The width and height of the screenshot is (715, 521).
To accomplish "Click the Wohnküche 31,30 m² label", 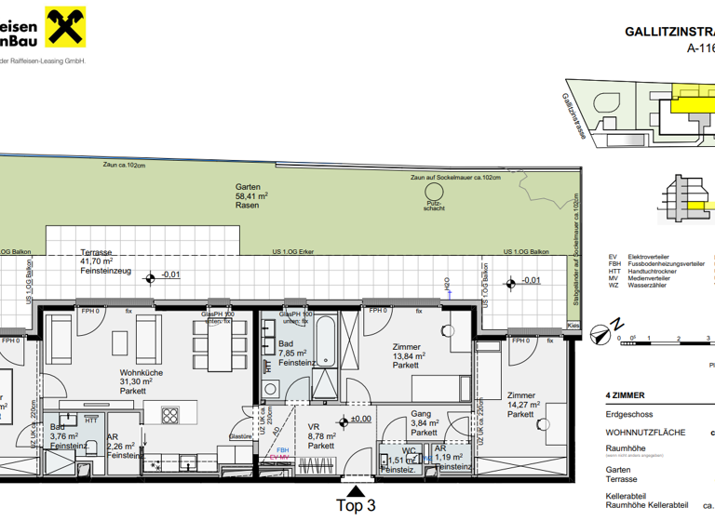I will point(142,381).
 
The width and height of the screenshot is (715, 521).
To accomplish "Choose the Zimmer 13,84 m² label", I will point(408,355).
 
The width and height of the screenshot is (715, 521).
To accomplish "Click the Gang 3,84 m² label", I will point(425,423).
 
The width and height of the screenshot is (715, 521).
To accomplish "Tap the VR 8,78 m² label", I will point(321,435).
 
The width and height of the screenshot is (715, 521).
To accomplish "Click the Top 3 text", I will point(355,506).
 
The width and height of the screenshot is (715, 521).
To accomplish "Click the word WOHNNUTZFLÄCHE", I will point(645,433).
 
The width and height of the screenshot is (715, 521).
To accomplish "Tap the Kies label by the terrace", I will point(573,327).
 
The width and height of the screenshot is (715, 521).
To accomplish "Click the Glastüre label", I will point(241,435).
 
